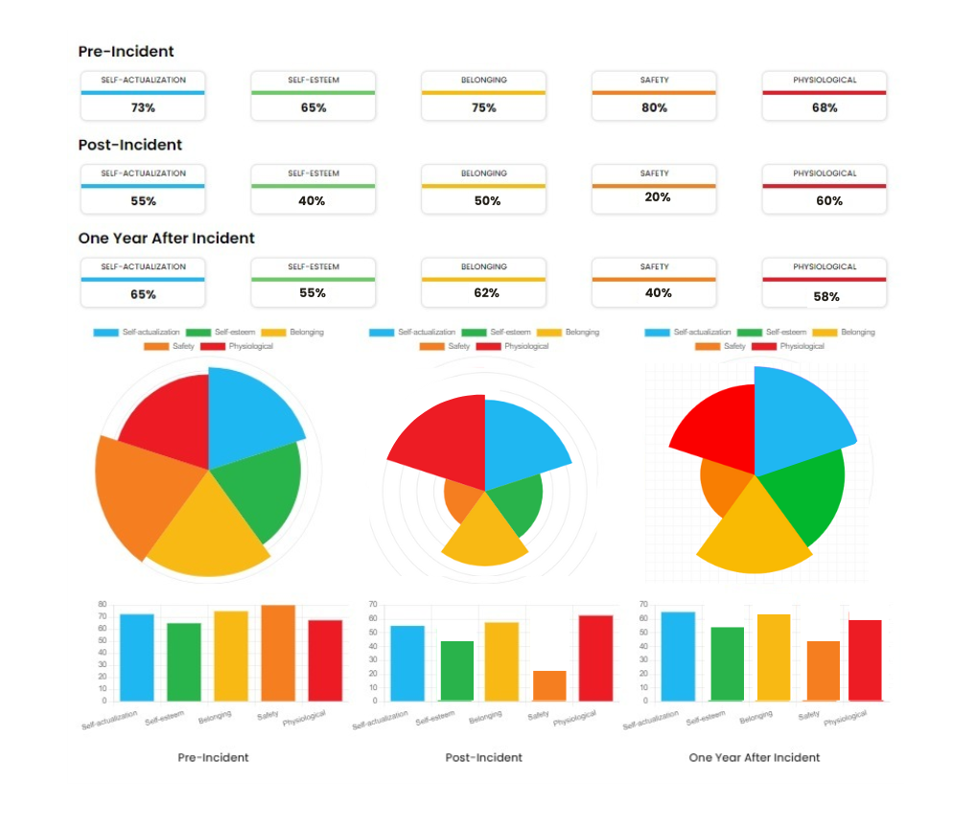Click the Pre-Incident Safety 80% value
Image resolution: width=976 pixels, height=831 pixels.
click(x=654, y=108)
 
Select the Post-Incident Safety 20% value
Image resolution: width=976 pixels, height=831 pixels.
click(x=658, y=197)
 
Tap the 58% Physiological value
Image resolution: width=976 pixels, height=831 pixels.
click(x=826, y=297)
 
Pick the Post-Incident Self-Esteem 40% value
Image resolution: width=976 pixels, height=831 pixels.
click(x=313, y=201)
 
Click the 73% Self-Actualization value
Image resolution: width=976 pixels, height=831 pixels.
click(x=143, y=108)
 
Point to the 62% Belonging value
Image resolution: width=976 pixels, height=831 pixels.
click(x=486, y=293)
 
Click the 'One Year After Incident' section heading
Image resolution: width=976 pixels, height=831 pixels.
click(x=167, y=238)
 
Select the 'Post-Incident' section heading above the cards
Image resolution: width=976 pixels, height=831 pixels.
click(x=130, y=145)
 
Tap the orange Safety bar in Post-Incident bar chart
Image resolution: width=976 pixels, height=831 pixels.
click(x=549, y=685)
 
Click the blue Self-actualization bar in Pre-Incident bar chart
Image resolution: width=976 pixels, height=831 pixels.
click(x=137, y=658)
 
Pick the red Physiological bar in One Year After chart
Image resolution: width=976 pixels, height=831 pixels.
click(x=864, y=660)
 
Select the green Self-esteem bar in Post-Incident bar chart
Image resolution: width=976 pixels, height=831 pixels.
click(x=456, y=671)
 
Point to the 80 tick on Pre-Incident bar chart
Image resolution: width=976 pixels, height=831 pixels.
click(x=102, y=605)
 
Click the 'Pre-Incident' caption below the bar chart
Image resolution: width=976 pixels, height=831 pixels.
click(x=213, y=757)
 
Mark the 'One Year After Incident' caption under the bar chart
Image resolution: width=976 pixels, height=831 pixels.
click(x=755, y=757)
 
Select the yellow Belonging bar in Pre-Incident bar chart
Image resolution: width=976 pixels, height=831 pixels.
click(x=231, y=656)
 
